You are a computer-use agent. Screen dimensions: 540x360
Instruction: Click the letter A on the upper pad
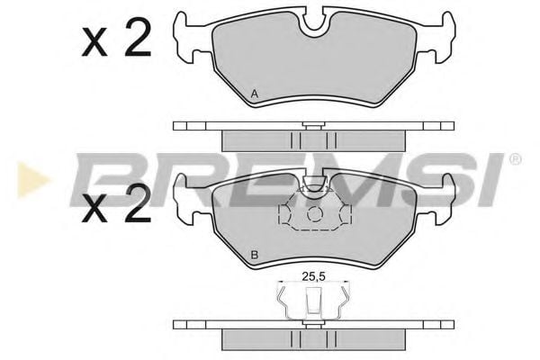[x=255, y=94]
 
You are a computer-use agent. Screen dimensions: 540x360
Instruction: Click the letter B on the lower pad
[x=255, y=256]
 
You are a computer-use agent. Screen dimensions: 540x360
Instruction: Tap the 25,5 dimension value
[x=313, y=276]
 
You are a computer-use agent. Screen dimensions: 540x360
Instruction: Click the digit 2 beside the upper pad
[x=138, y=38]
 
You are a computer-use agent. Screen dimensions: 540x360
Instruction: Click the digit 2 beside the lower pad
[x=138, y=202]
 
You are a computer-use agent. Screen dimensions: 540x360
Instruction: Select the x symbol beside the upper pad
[x=94, y=43]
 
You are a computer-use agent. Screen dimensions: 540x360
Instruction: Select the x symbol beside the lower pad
[x=94, y=209]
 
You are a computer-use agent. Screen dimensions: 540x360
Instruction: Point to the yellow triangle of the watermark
[x=31, y=180]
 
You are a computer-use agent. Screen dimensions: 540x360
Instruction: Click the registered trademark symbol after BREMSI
[x=515, y=159]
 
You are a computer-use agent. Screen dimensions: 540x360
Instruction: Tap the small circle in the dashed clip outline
[x=314, y=214]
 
